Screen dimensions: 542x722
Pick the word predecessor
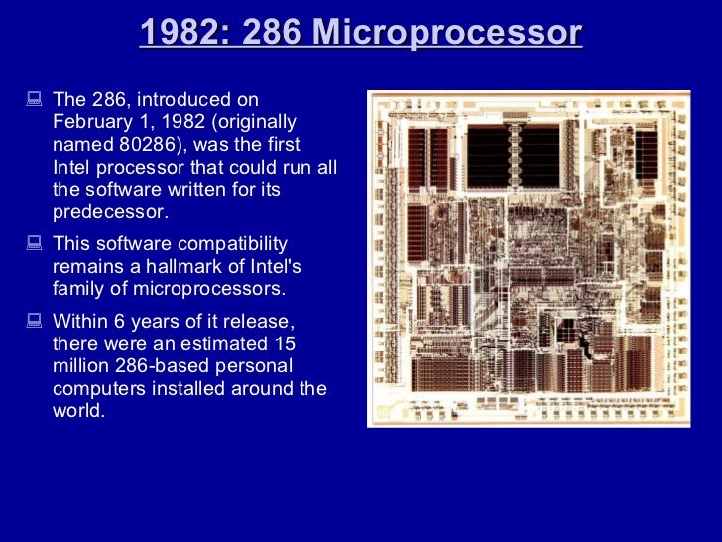110,212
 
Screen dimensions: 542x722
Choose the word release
260,321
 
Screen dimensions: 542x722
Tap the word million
81,366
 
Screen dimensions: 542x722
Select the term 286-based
167,366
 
